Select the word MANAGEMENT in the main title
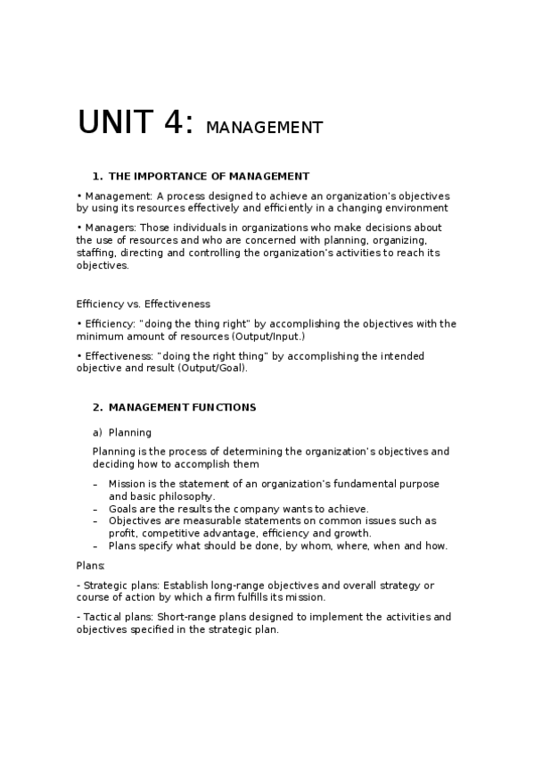pos(264,128)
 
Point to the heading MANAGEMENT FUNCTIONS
pos(182,407)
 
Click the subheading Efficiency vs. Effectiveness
pos(144,304)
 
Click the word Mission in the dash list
pos(127,484)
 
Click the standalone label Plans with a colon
pos(90,565)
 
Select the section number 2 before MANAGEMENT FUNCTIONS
pos(96,407)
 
